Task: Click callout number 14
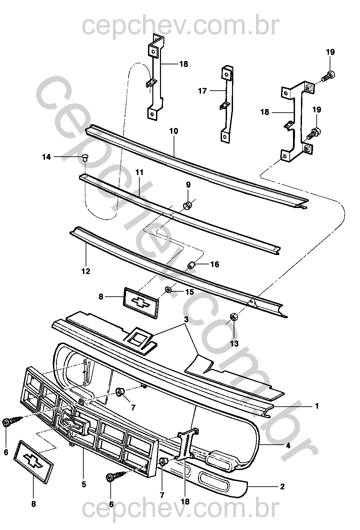47,157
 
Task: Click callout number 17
203,91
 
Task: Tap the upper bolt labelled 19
328,76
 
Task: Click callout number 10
174,131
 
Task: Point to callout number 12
86,271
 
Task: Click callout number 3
186,319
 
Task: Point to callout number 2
282,487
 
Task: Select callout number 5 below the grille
83,484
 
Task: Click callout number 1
317,406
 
